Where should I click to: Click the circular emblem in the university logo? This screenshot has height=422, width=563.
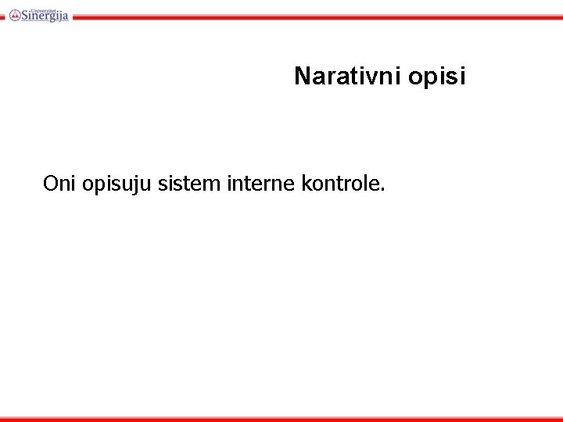click(15, 15)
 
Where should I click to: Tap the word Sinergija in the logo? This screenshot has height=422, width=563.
click(45, 16)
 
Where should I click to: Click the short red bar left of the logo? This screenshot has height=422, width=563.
click(2, 16)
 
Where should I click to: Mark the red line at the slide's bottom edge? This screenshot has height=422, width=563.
click(281, 419)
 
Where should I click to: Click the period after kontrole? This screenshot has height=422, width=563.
click(383, 190)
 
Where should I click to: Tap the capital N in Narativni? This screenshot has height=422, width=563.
click(302, 77)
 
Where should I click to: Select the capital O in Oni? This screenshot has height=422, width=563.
click(51, 184)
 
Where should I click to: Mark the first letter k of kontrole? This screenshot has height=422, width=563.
click(303, 184)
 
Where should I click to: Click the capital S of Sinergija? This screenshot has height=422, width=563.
click(26, 16)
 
